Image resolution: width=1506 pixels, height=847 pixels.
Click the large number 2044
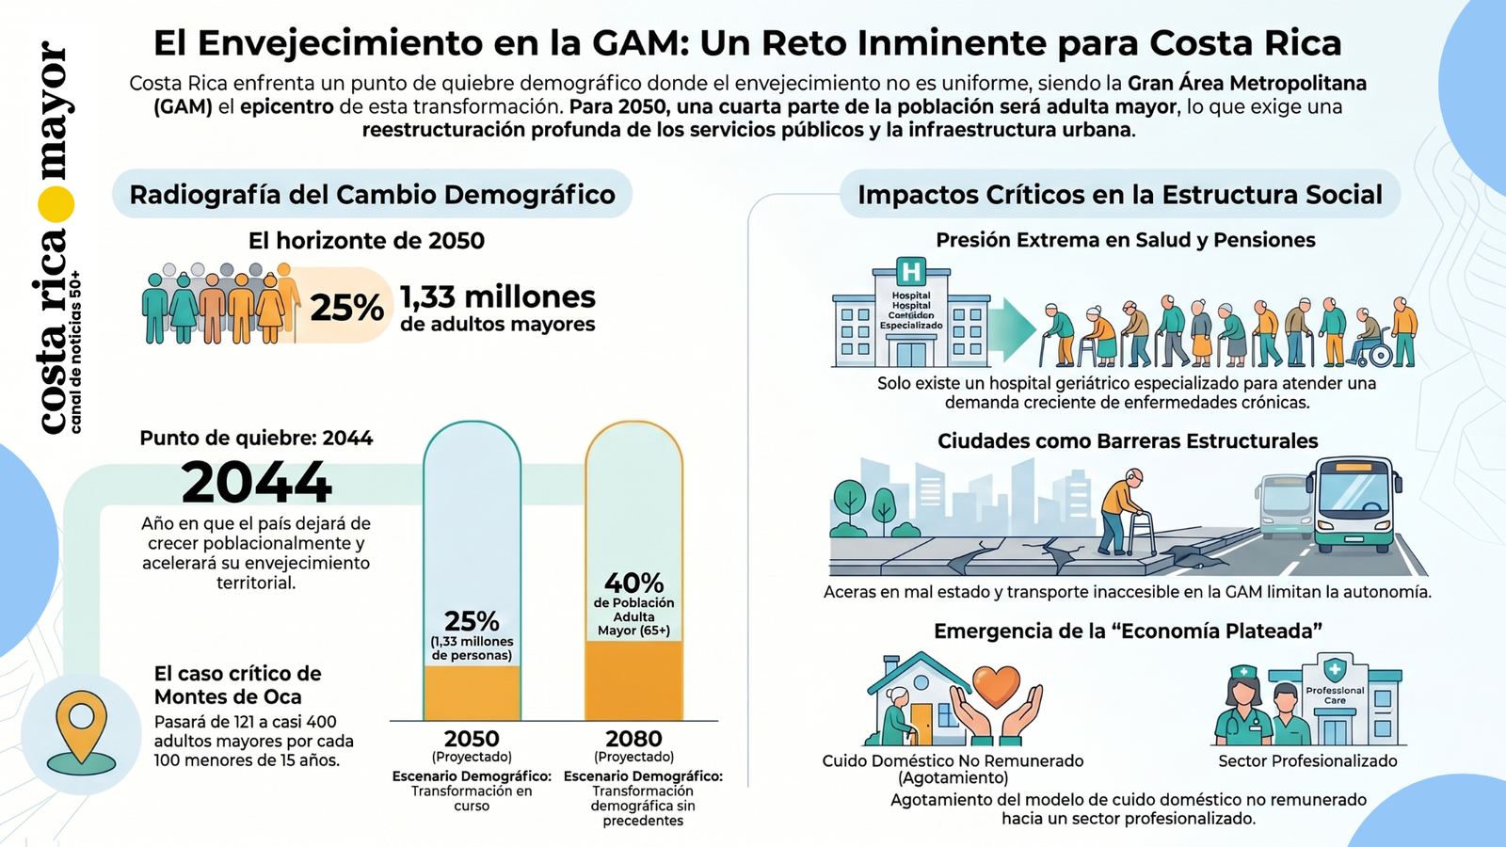click(256, 483)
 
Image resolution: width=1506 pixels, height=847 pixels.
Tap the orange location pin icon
click(81, 725)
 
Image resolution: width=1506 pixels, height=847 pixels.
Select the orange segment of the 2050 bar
click(472, 693)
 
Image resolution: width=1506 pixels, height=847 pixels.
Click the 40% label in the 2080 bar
click(633, 583)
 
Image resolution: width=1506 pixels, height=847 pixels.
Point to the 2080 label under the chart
click(633, 739)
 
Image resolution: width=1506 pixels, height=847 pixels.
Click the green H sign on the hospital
click(910, 273)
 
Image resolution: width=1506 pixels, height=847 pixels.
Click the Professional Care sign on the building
click(1335, 695)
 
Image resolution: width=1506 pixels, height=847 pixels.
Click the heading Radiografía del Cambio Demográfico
click(372, 195)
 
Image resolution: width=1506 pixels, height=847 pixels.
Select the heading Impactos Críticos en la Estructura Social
click(1119, 195)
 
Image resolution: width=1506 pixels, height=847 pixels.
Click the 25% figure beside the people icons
click(346, 308)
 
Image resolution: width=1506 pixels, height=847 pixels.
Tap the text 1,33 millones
click(498, 297)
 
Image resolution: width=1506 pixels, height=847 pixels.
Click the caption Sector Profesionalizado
click(1307, 760)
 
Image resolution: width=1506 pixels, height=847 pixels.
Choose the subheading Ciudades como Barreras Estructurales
click(1127, 441)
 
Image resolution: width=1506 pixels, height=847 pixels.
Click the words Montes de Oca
click(228, 697)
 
